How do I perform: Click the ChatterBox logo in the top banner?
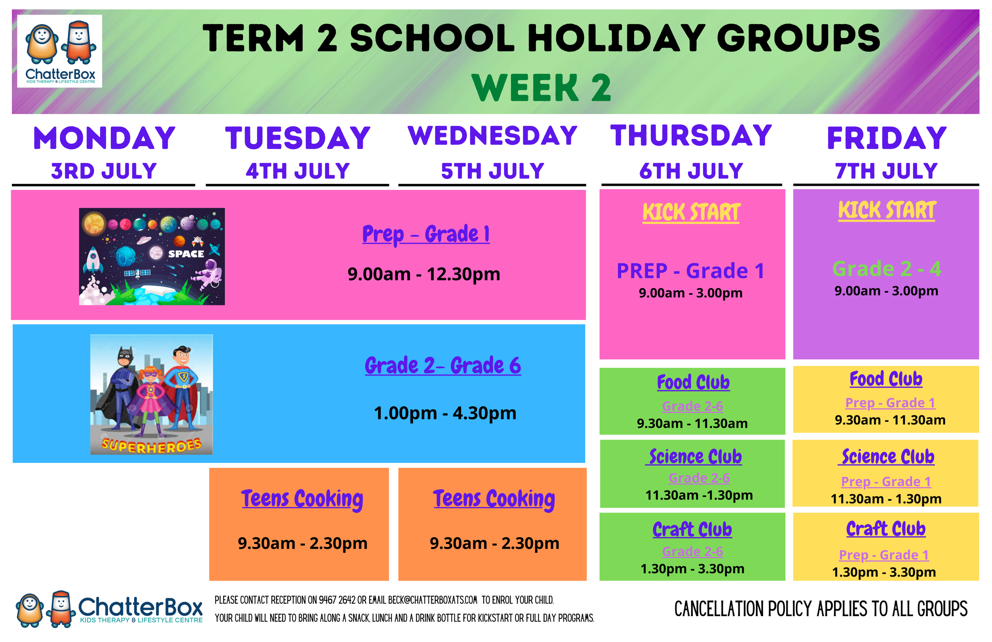(60, 51)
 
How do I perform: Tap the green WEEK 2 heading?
(541, 87)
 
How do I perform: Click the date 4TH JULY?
(298, 171)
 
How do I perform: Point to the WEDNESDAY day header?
(492, 136)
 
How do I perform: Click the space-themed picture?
(152, 256)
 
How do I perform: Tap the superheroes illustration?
(151, 394)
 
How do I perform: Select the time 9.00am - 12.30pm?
(424, 274)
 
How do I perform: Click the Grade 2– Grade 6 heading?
(442, 366)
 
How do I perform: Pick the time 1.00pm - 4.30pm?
(444, 413)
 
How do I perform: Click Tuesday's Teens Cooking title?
(302, 499)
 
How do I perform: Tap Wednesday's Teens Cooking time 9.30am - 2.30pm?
(494, 543)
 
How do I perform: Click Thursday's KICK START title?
(691, 212)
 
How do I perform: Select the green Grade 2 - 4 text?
(886, 269)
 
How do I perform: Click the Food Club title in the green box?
(693, 382)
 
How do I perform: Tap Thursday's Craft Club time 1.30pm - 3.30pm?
(692, 569)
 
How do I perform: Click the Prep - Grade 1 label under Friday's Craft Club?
(883, 555)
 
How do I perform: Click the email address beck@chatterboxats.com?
(432, 600)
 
